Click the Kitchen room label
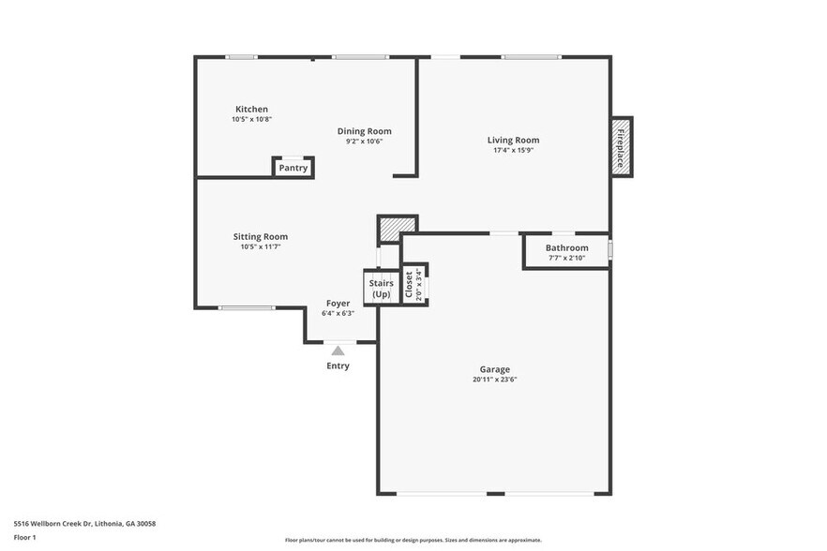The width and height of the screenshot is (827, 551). point(251,110)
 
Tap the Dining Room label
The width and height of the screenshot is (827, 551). point(364,131)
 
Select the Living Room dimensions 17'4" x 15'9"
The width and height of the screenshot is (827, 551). point(513,150)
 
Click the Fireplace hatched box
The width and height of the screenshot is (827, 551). point(621,146)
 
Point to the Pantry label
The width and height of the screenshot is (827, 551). point(293,169)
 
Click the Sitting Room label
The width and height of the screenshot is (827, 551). point(260,237)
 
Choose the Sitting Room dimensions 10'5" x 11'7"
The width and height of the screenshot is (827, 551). point(260,247)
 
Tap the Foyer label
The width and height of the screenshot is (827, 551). point(338,304)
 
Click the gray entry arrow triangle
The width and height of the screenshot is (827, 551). point(338,350)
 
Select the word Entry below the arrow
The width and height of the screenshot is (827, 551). point(338,366)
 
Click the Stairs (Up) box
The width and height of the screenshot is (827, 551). point(381,288)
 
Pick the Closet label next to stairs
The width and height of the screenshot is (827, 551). point(409,285)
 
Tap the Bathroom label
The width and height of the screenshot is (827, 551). point(566,248)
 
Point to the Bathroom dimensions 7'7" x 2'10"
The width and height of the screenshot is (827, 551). point(566,259)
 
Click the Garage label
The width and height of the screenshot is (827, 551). point(494,369)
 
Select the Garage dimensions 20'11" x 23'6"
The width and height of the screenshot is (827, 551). point(494,380)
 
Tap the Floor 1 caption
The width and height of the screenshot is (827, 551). point(25,538)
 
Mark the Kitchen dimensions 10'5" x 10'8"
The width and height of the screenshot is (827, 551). point(251,120)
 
